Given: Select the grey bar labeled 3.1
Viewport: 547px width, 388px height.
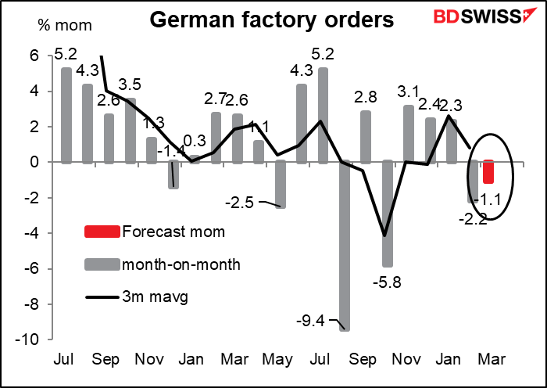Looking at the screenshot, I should [408, 134].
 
